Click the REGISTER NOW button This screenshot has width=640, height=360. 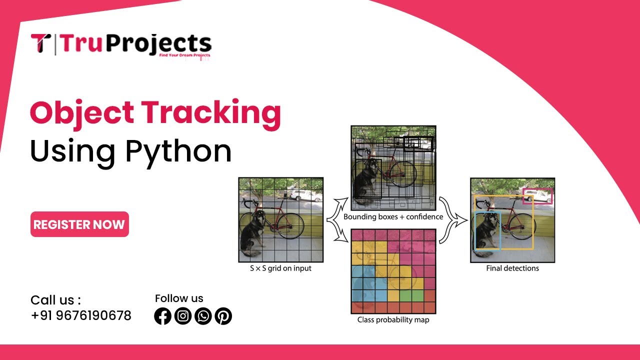pyautogui.click(x=79, y=224)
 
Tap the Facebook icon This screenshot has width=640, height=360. pyautogui.click(x=163, y=316)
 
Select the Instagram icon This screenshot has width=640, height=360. pyautogui.click(x=183, y=316)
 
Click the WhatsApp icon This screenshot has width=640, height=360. pyautogui.click(x=203, y=316)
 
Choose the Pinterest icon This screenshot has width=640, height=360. pyautogui.click(x=223, y=316)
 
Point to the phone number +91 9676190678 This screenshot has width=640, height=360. pyautogui.click(x=81, y=315)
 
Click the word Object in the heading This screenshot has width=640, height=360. pyautogui.click(x=81, y=113)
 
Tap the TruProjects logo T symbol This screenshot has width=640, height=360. pyautogui.click(x=40, y=43)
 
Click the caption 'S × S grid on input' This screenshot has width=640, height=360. pyautogui.click(x=280, y=268)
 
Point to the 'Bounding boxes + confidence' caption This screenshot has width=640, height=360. pyautogui.click(x=393, y=217)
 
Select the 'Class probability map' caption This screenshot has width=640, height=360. pyautogui.click(x=393, y=319)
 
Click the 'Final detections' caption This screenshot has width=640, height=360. pyautogui.click(x=512, y=268)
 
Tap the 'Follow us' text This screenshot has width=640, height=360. pyautogui.click(x=179, y=298)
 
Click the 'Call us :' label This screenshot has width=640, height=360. pyautogui.click(x=55, y=300)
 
